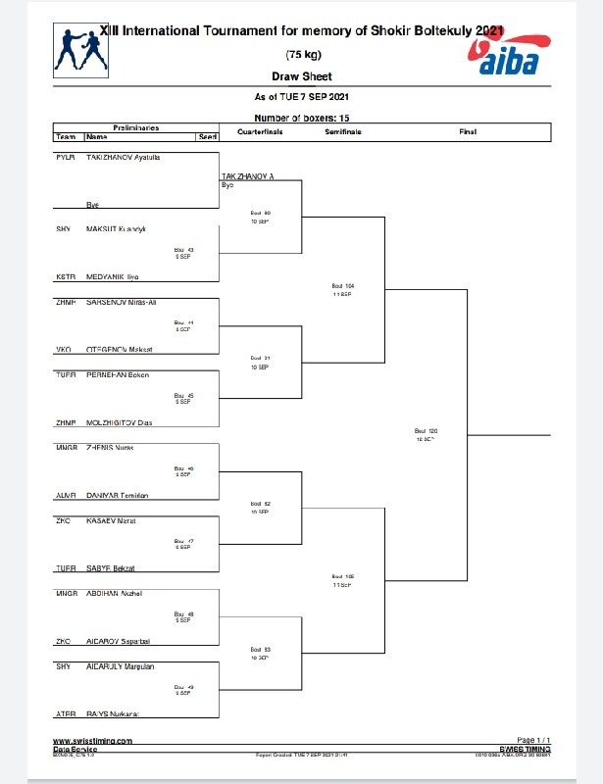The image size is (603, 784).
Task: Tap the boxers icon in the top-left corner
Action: click(x=78, y=50)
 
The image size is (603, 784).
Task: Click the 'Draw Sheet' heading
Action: click(x=301, y=76)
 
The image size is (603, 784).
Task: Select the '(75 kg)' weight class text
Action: click(x=301, y=54)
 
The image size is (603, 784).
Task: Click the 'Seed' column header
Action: click(x=208, y=137)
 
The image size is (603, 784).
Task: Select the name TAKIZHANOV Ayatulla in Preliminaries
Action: click(x=124, y=157)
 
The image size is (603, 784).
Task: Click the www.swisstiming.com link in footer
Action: click(x=92, y=741)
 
